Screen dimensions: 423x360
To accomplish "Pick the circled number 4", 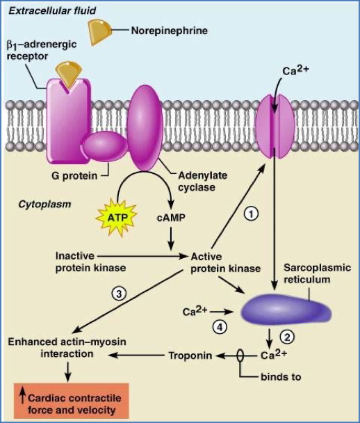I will pyautogui.click(x=220, y=326).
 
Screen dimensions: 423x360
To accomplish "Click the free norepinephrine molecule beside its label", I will pyautogui.click(x=101, y=29).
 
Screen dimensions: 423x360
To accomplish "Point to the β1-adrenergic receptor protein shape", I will pyautogui.click(x=68, y=115).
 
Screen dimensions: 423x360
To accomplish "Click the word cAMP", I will pyautogui.click(x=170, y=218).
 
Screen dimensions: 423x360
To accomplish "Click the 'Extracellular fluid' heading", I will pyautogui.click(x=48, y=10).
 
